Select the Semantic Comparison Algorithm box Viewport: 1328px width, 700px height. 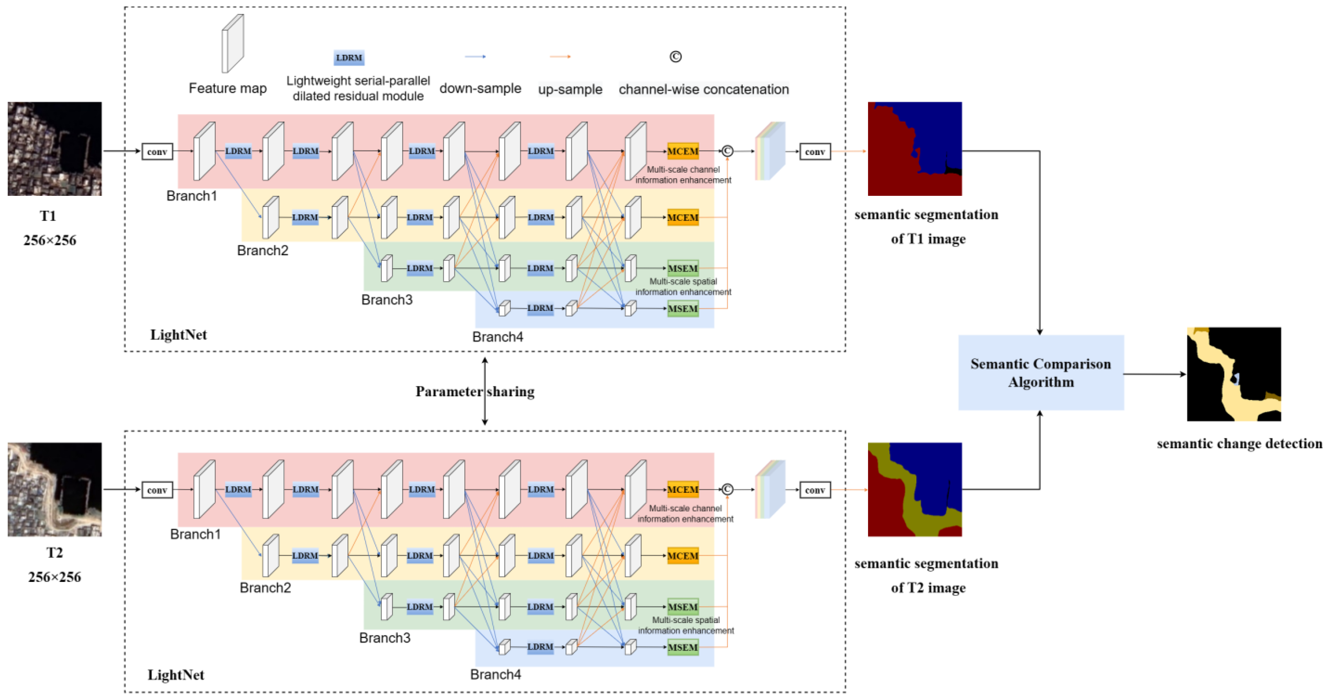(1040, 373)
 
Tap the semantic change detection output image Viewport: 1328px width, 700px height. (1234, 374)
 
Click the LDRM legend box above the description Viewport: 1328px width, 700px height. (349, 58)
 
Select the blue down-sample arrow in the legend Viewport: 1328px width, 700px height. (475, 56)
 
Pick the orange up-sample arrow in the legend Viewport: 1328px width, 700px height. (560, 56)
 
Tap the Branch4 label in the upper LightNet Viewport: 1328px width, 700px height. (497, 336)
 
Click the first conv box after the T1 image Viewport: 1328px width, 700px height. (157, 151)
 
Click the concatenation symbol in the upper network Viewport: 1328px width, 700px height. (727, 151)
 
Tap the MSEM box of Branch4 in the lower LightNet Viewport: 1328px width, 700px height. (683, 647)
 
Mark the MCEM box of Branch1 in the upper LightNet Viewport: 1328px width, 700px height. (683, 151)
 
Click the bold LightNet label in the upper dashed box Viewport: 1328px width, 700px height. (178, 335)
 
